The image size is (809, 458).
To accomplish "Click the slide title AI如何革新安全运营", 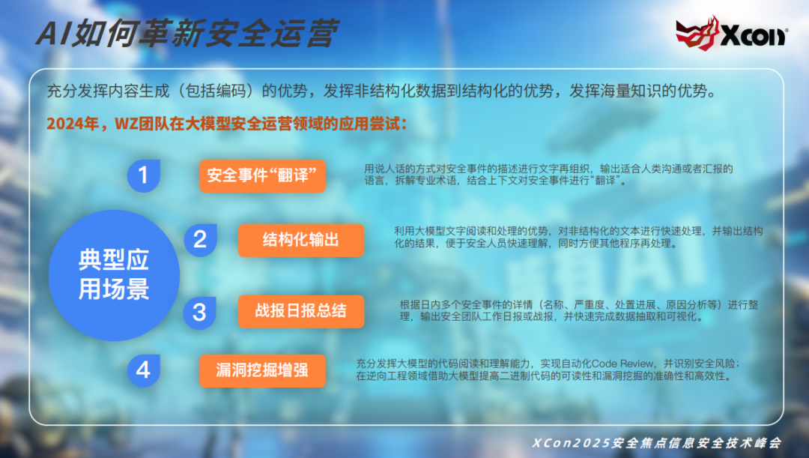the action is pos(187,33).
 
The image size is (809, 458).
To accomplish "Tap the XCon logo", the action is pos(731,32).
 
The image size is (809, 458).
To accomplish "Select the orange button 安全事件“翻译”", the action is pos(262,176).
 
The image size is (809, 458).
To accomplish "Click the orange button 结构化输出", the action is pos(301,240).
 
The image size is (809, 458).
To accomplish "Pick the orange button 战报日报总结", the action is pos(301,311).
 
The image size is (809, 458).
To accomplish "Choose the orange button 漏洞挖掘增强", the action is pos(262,371).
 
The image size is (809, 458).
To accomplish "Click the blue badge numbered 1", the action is pos(143,175).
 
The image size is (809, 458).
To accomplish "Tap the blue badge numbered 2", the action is pos(200,240).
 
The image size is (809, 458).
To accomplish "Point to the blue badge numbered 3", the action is pos(200,313).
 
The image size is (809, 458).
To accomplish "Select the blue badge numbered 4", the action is pos(143,370).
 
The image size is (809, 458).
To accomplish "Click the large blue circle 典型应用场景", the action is pos(114,275).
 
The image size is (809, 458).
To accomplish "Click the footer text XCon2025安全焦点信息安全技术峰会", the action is pos(656,443).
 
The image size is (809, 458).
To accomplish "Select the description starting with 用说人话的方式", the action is pos(548,175).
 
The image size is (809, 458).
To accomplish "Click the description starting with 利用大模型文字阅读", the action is pos(578,237).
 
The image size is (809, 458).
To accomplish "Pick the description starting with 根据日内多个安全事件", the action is pos(579,310).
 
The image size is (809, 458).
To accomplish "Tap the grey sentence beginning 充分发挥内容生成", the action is pos(382,91).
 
